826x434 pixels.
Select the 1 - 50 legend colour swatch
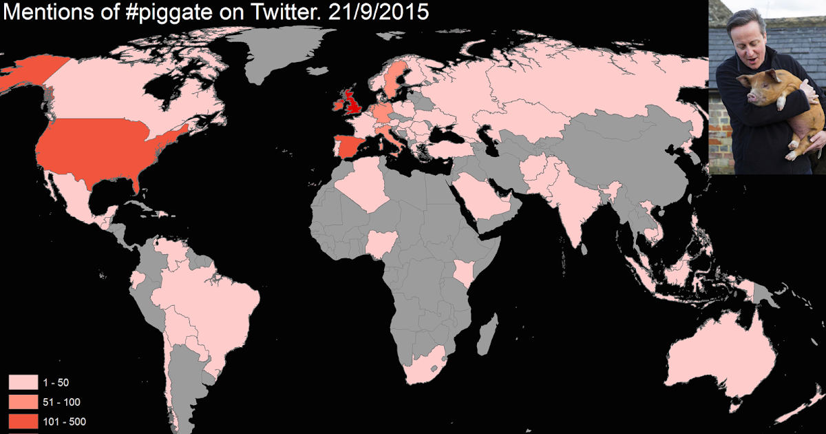[23, 382]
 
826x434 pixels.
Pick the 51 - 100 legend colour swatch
[23, 402]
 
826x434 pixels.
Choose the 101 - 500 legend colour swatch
[23, 421]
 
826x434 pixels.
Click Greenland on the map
[275, 48]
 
